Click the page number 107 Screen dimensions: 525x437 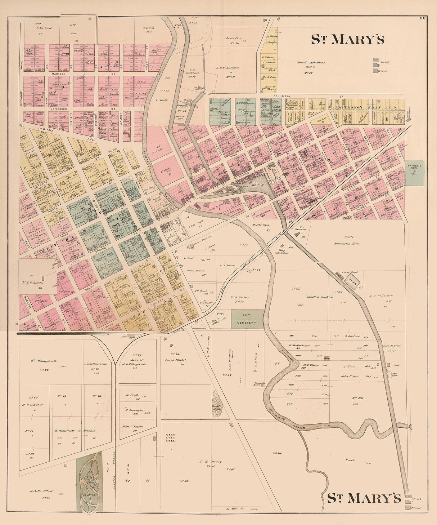point(423,19)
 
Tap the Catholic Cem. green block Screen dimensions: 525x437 point(414,173)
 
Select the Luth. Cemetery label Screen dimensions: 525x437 point(247,319)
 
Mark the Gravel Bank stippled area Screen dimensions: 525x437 point(218,404)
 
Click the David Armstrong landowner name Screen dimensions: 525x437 point(311,62)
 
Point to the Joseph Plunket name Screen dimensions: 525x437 point(175,360)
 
